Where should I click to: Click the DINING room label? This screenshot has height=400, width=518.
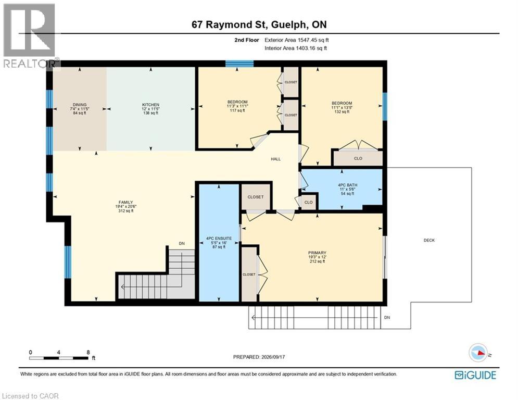point(80,105)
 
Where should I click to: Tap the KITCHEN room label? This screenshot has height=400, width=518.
point(150,105)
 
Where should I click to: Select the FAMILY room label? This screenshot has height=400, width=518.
point(126,202)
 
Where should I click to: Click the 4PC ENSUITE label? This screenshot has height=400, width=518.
point(219,239)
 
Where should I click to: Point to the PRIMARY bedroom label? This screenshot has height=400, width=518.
point(317,253)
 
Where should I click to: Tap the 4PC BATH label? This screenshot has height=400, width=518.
point(348,185)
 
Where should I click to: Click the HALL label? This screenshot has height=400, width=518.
point(276,159)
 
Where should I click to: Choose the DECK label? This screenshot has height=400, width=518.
point(429,240)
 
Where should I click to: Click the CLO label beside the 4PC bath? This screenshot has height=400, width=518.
point(309,202)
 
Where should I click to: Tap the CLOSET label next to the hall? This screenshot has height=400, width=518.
point(256,197)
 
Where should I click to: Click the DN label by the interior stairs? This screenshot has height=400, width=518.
point(182,244)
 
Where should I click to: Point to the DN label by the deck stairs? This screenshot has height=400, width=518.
point(387,317)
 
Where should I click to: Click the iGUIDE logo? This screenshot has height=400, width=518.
point(475,375)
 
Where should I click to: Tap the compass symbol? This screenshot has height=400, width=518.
point(478,353)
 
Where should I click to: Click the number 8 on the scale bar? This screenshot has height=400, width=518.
point(88,353)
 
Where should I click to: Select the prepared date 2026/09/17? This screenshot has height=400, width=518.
point(273,357)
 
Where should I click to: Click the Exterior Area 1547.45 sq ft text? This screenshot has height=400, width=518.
point(297,40)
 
